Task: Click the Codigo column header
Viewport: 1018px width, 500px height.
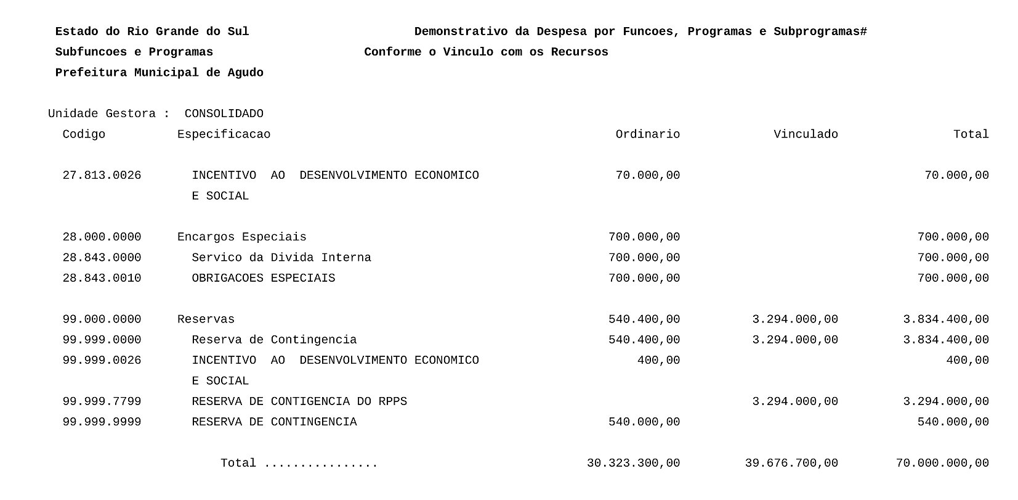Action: (84, 134)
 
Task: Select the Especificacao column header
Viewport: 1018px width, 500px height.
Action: (224, 134)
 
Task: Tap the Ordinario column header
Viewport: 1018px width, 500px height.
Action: (647, 134)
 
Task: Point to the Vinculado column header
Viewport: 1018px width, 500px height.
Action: (806, 134)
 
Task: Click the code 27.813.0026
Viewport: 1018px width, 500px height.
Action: (102, 176)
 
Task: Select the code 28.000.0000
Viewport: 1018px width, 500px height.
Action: (102, 237)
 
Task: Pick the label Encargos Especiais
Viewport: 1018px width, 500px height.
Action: (241, 237)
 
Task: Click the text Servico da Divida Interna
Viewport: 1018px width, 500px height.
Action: (281, 258)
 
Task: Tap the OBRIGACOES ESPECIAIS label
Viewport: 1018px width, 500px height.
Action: (264, 279)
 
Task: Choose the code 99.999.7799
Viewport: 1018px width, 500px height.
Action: (102, 402)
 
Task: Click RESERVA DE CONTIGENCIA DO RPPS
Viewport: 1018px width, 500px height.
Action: (299, 402)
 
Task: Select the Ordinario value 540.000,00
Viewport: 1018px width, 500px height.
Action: (644, 422)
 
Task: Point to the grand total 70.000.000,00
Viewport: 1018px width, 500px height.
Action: (942, 464)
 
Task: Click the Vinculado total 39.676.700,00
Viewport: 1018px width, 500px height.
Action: (791, 464)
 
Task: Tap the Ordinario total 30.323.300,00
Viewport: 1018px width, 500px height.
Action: (633, 464)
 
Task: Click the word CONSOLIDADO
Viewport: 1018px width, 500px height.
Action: (224, 114)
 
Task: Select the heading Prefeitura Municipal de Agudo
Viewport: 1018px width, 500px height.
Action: (159, 73)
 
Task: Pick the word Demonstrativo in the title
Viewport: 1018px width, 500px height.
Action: (461, 31)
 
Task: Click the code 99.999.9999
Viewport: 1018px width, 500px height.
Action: (102, 422)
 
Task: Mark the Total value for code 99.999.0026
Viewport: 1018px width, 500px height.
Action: (968, 361)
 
